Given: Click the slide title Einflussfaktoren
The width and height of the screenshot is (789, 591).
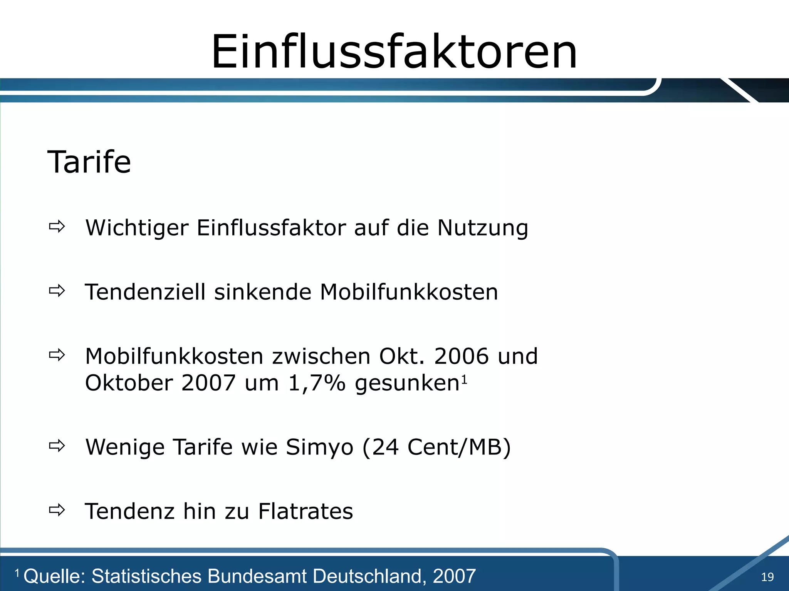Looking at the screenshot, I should [394, 52].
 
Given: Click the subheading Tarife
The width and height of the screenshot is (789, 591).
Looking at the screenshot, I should [89, 162].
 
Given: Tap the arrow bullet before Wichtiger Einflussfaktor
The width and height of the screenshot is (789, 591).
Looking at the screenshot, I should [57, 227].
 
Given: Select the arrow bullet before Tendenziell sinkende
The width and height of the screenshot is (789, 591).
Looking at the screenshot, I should [57, 291].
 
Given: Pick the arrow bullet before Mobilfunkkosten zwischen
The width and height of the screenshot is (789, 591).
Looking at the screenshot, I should [57, 355].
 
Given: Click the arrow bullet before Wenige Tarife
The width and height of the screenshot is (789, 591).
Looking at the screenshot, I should [57, 446].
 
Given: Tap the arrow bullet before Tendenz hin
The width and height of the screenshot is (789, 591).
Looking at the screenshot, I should [57, 510].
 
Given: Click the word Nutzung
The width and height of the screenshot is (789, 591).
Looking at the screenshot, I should [482, 228].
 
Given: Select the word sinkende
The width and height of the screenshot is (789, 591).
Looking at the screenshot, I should [262, 292].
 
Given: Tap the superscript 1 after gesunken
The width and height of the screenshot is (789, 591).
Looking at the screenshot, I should [464, 380].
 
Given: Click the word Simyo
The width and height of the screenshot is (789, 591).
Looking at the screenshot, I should [319, 447].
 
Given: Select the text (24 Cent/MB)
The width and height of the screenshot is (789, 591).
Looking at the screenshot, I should [436, 447].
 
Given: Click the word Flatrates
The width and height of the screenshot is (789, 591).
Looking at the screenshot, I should [305, 511].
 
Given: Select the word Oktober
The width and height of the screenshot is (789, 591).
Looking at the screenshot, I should [129, 383].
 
